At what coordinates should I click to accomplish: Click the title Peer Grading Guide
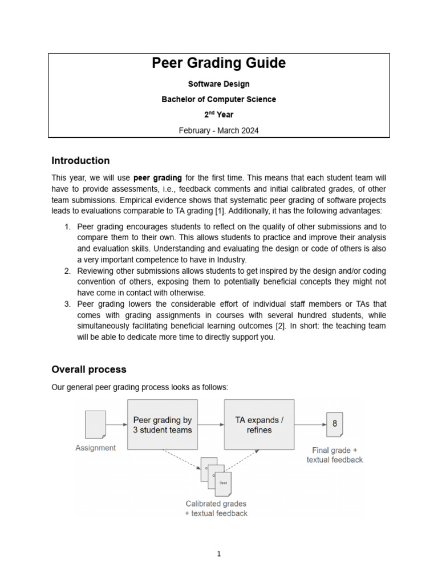point(218,63)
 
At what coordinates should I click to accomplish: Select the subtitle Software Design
point(218,84)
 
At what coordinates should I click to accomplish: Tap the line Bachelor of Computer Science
point(218,99)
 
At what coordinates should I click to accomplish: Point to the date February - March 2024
point(218,131)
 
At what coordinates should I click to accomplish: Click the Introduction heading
point(80,160)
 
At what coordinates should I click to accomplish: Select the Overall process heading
point(88,369)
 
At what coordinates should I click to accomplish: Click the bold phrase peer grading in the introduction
point(157,178)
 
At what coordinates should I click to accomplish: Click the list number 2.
point(67,270)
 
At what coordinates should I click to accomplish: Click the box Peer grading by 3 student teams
point(162,425)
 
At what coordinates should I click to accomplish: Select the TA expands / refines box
point(259,425)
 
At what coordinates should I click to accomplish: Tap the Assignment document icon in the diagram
point(95,425)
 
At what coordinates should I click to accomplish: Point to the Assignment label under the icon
point(95,448)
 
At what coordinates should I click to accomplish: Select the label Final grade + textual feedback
point(334,455)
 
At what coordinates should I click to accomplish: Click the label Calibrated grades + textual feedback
point(216,508)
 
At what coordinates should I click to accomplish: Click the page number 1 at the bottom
point(219,553)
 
